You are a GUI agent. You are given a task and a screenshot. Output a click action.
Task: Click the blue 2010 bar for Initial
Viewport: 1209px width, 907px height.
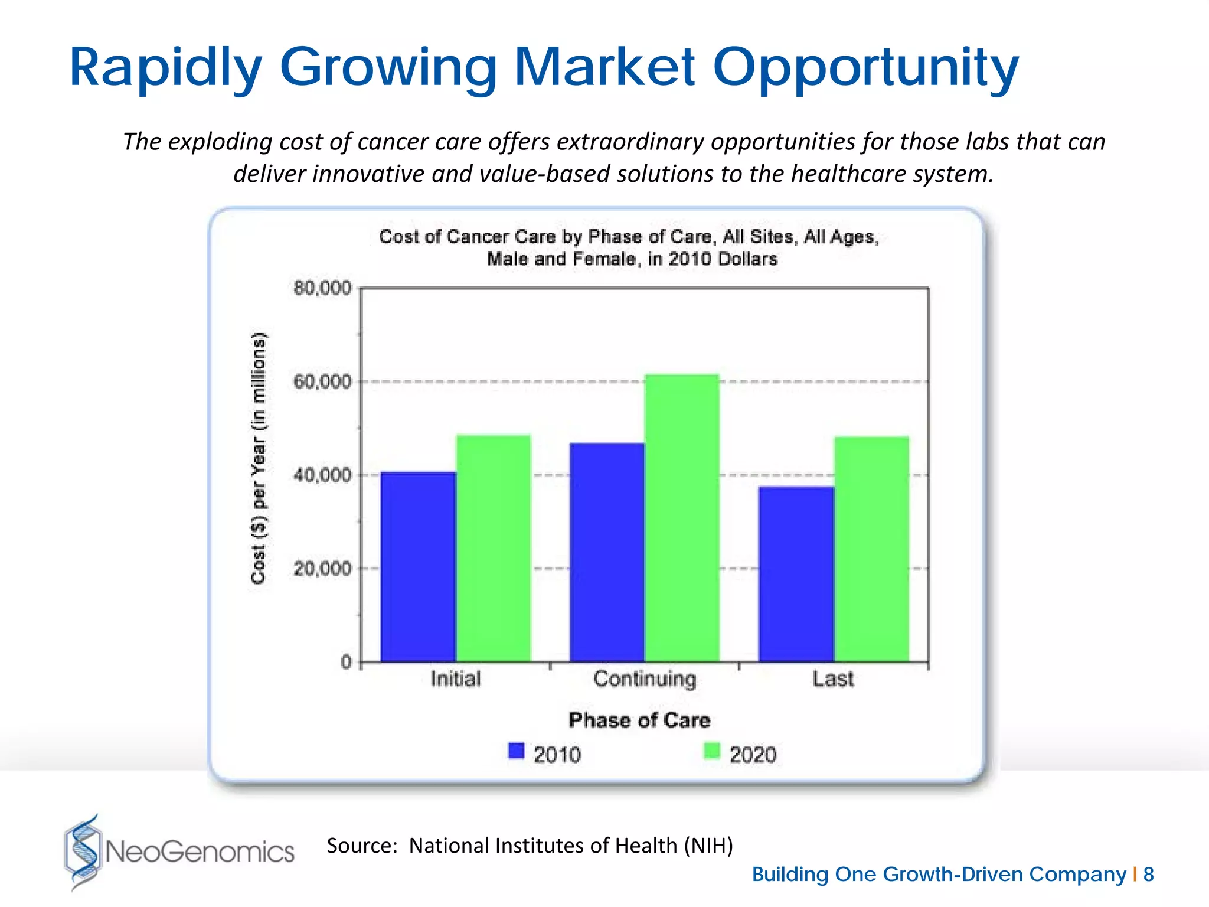click(x=419, y=567)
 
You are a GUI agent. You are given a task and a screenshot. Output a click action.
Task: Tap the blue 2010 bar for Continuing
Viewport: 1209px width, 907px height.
click(x=607, y=552)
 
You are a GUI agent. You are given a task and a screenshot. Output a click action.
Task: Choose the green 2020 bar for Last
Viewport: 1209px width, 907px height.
click(x=871, y=549)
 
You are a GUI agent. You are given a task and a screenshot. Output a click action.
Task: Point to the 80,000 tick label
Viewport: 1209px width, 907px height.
click(x=322, y=289)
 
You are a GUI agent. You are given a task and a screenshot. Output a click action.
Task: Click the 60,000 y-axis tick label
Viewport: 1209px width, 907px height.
click(x=322, y=382)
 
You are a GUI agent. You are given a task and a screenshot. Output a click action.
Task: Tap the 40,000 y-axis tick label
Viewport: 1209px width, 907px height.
click(x=322, y=475)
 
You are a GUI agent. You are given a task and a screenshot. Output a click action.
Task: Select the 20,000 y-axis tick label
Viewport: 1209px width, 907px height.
click(x=322, y=569)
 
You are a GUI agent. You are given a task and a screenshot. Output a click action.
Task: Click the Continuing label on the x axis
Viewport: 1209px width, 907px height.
click(x=645, y=679)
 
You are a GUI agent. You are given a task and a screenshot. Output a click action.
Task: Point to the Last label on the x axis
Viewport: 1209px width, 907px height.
click(x=832, y=679)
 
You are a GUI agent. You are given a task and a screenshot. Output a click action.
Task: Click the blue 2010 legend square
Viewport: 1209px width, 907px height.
click(x=517, y=751)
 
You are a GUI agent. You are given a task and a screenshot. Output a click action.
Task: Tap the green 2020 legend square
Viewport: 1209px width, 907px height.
click(x=712, y=751)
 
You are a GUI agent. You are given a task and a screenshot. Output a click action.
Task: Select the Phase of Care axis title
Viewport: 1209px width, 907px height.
click(x=639, y=720)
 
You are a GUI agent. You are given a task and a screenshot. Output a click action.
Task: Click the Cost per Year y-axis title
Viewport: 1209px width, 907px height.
click(x=259, y=458)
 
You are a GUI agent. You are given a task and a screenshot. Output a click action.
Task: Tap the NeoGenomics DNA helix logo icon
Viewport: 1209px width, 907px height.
click(x=83, y=851)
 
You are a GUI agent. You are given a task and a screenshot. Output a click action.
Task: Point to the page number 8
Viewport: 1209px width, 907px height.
click(x=1148, y=874)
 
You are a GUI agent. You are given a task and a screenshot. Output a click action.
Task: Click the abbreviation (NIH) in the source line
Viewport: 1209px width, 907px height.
click(x=708, y=846)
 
